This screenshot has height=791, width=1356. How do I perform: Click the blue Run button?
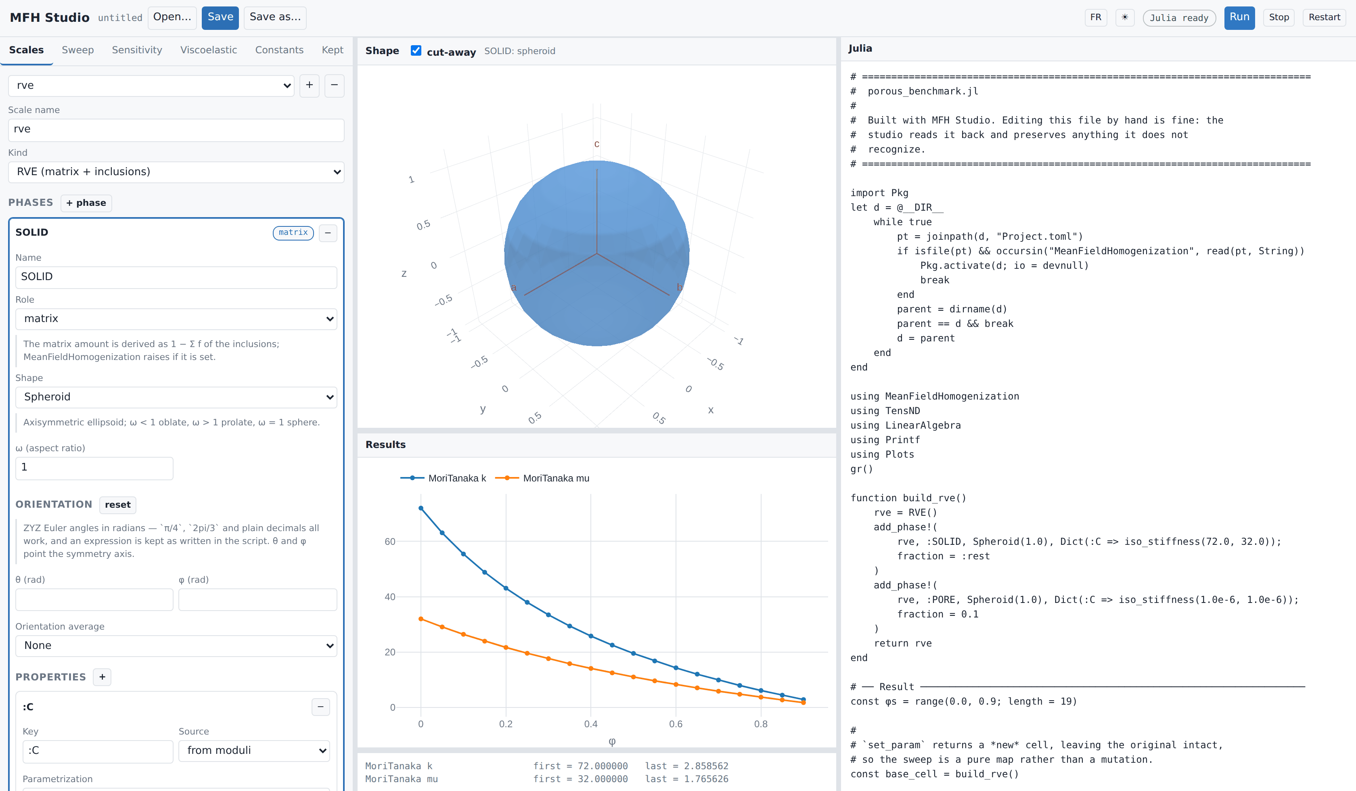click(1239, 18)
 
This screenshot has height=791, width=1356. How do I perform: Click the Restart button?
click(1324, 18)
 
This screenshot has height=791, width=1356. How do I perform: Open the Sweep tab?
click(77, 50)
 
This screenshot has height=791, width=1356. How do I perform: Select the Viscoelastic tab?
click(208, 50)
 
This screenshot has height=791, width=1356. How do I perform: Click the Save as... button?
click(275, 18)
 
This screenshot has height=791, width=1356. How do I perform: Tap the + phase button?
click(86, 203)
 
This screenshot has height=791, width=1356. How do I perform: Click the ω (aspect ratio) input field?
click(94, 468)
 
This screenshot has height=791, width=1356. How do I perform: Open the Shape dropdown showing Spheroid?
click(176, 397)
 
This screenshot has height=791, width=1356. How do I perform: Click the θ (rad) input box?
click(94, 599)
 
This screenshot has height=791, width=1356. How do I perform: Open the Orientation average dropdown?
click(176, 646)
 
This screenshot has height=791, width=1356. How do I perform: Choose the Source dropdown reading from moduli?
click(254, 751)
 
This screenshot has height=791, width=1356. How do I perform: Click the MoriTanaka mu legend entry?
click(542, 478)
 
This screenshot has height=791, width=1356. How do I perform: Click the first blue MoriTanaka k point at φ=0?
click(421, 508)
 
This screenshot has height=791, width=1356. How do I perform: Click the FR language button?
click(1096, 18)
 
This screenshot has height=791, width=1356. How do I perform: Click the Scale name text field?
click(176, 130)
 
